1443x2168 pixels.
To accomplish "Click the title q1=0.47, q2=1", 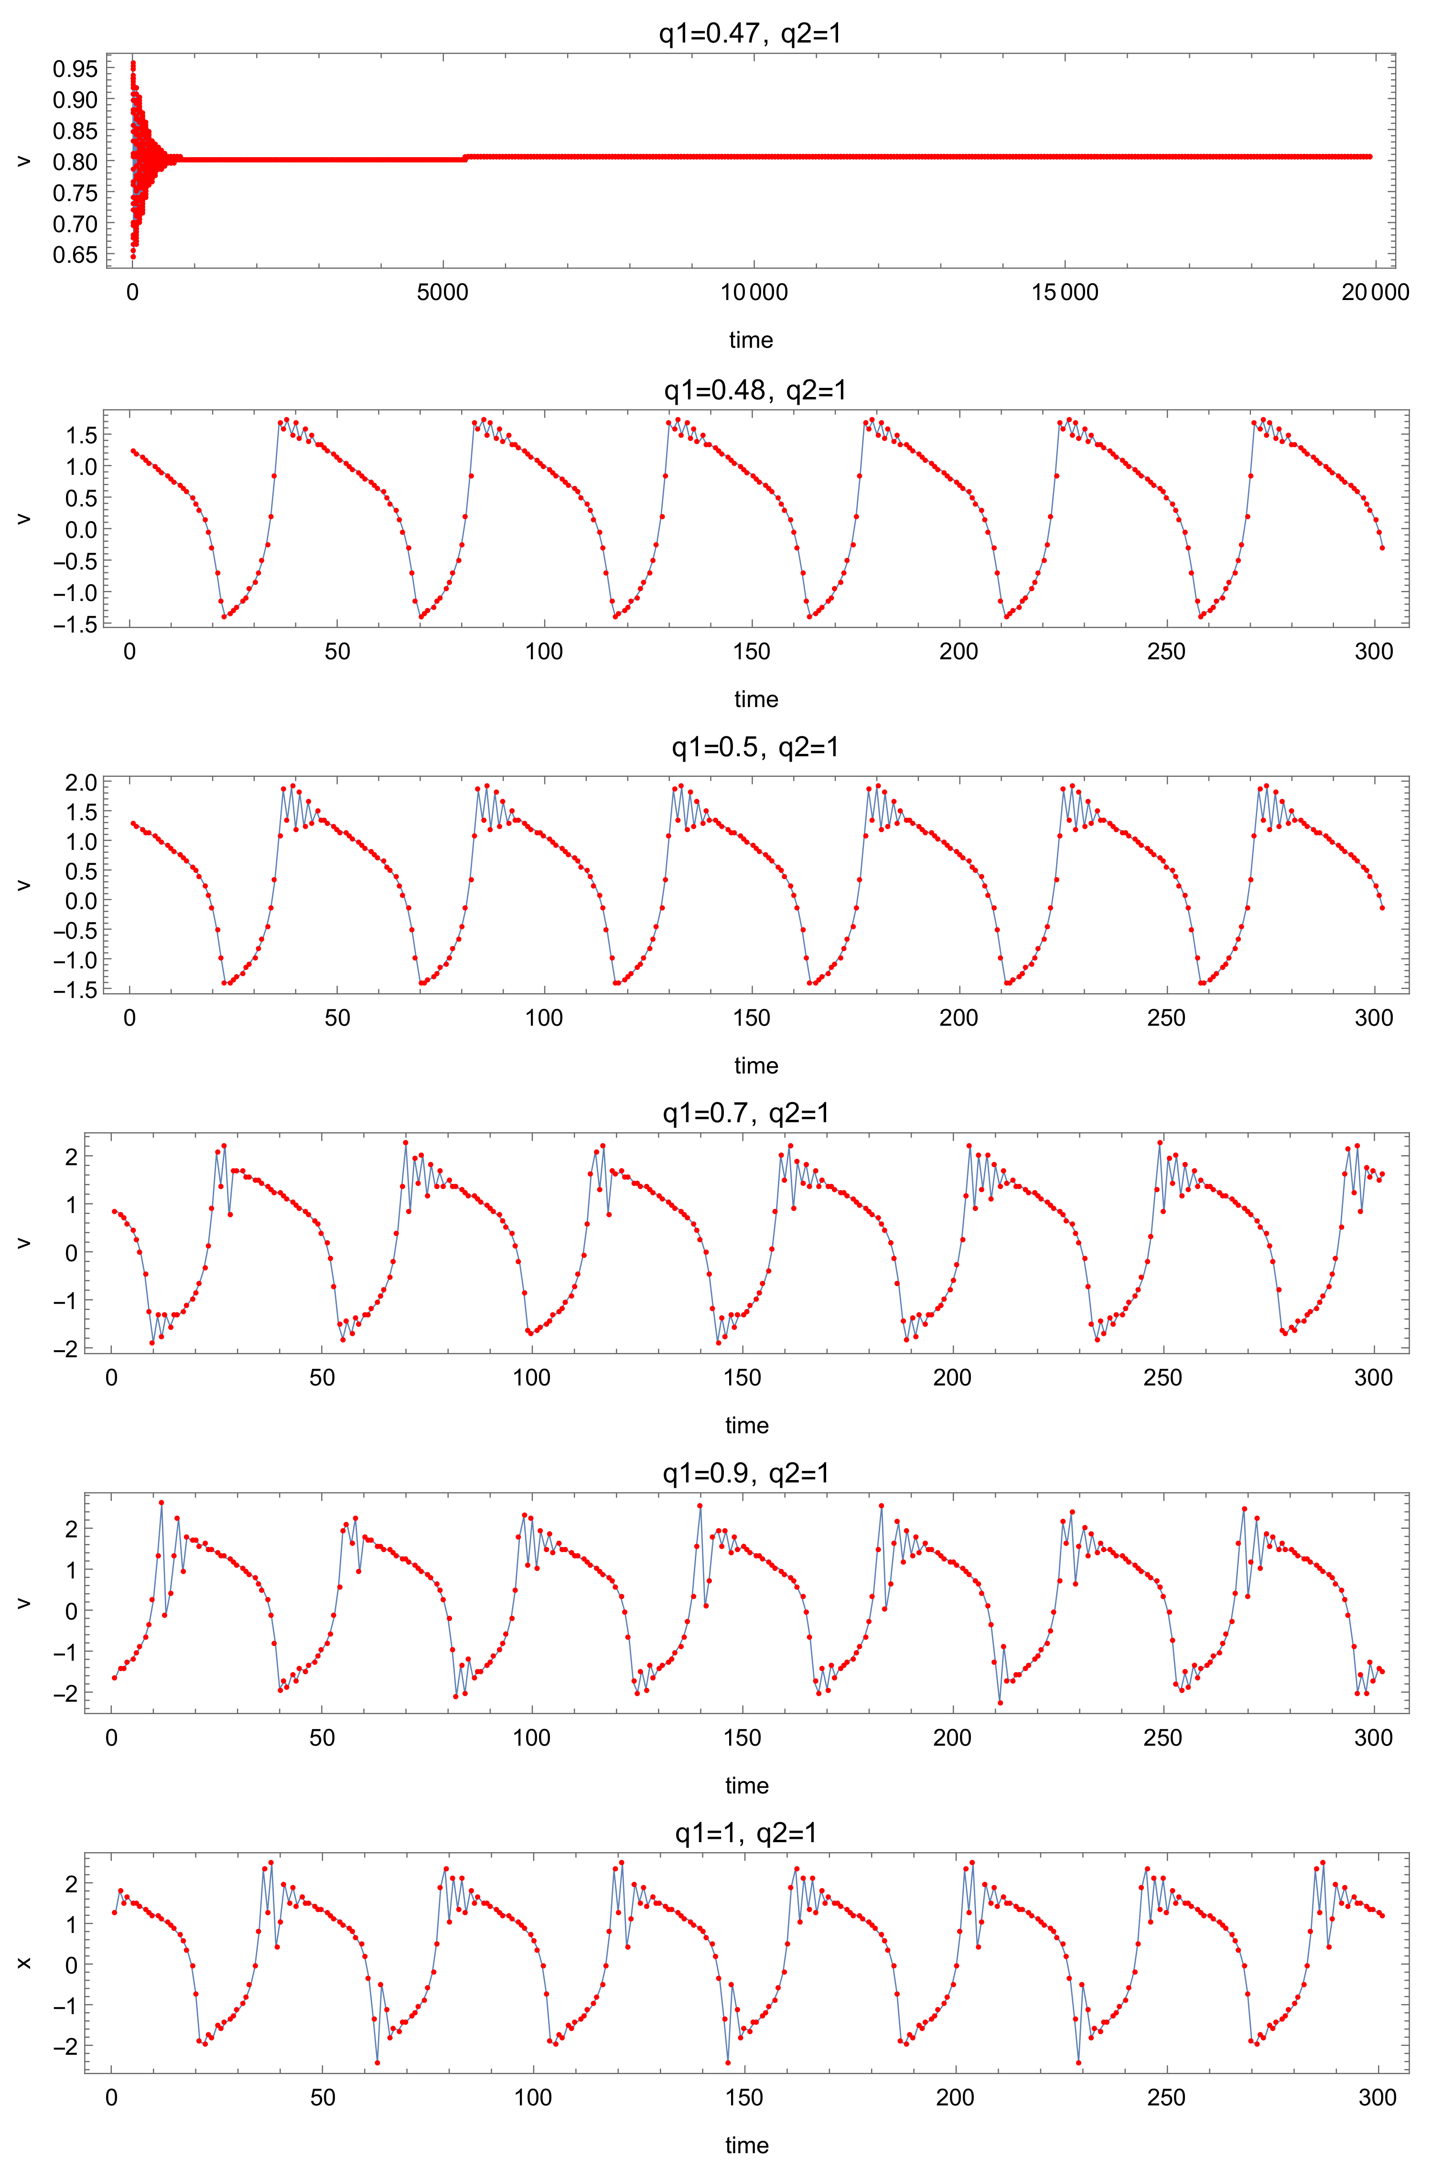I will pos(750,34).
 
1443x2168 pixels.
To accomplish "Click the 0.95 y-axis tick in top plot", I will pos(75,69).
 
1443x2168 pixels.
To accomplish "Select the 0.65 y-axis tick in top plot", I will pos(75,255).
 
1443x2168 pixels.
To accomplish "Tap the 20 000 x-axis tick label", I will pos(1375,293).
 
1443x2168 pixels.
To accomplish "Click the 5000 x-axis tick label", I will pos(442,293).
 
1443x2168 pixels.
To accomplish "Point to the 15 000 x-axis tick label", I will pos(1065,293).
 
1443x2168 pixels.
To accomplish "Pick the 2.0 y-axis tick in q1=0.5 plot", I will pos(79,782).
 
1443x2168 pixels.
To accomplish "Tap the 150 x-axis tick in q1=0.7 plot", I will pos(742,1377).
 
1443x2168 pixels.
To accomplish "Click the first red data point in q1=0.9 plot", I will pos(114,1677).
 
